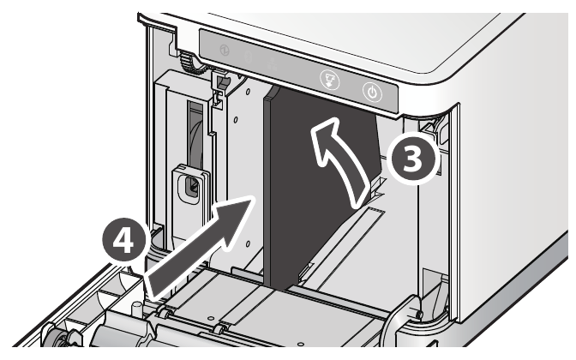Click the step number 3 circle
click(x=412, y=159)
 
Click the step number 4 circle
click(x=123, y=241)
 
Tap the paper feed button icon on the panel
click(x=329, y=80)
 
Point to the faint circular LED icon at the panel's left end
click(x=225, y=50)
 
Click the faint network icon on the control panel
click(x=273, y=64)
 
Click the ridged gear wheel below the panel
click(x=189, y=63)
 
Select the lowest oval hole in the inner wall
click(x=248, y=243)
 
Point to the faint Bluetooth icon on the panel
click(x=249, y=57)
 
